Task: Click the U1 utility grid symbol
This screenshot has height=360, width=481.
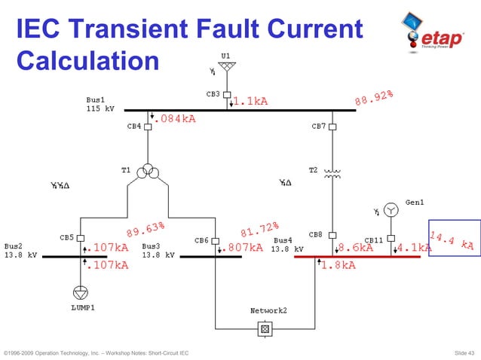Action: coord(227,68)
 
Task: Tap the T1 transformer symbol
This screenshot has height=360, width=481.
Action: coord(148,172)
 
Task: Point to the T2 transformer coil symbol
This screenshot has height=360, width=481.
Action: coord(332,172)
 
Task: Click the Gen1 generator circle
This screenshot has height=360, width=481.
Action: coord(391,209)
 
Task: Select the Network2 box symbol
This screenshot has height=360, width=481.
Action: coord(265,328)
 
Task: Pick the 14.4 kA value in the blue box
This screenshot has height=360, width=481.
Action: coord(454,239)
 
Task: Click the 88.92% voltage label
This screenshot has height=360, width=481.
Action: coord(374,99)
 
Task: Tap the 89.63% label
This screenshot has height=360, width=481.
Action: coord(146,227)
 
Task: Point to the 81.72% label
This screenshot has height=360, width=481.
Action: coord(260,227)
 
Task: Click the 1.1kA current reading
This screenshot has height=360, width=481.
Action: coord(250,101)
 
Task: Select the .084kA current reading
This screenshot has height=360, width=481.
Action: coord(174,119)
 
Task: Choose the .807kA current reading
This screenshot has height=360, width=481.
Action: coord(244,247)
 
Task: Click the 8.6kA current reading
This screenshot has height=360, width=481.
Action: coord(355,247)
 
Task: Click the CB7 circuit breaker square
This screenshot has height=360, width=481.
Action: coord(332,127)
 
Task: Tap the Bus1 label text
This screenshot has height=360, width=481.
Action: coord(96,100)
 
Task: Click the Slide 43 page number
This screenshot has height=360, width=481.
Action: coord(461,352)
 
